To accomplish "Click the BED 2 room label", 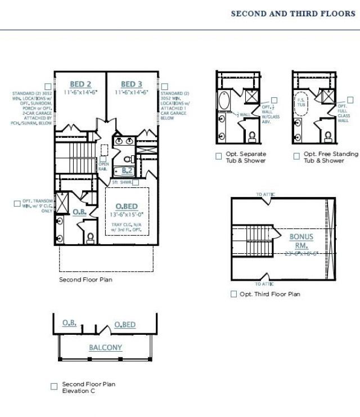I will coord(79,84).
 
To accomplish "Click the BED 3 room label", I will coord(132,84).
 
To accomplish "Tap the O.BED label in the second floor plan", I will coord(127,207).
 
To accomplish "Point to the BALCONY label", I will coord(105,348).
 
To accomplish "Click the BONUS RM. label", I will coord(301,241).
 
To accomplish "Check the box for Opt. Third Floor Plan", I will coord(234,294).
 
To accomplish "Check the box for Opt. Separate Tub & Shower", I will coord(219,156).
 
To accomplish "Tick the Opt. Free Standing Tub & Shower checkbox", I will coord(296,156).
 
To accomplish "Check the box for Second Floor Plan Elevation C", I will coord(54,387).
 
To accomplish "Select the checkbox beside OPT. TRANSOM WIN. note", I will coord(17,204).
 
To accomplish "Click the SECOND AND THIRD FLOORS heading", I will coord(293,14).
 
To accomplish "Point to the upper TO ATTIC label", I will coord(266,195).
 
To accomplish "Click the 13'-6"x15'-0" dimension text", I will coord(127,214).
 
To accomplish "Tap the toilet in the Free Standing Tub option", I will coord(327,137).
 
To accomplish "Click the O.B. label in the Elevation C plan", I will coord(70,323).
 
